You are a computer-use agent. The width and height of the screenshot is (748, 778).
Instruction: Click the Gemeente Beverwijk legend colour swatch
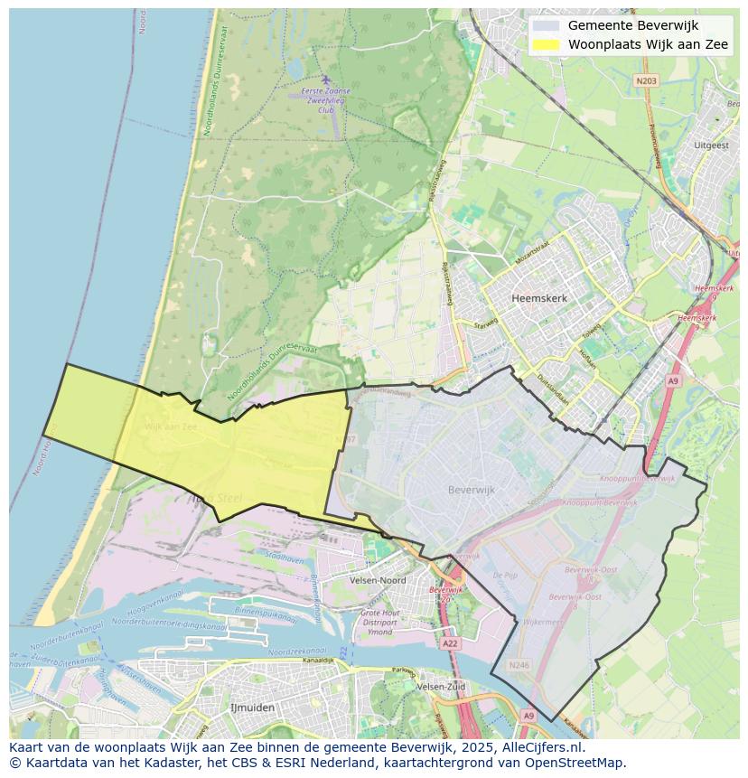(x=546, y=25)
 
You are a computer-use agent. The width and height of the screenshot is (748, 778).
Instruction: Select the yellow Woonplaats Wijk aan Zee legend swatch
(x=546, y=45)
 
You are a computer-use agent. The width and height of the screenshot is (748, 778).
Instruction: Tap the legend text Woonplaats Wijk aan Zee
(x=648, y=45)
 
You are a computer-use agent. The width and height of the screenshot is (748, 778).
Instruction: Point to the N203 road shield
(x=646, y=80)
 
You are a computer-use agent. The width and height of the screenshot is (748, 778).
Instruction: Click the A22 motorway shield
(x=450, y=643)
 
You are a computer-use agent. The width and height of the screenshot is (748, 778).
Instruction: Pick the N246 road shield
(x=518, y=665)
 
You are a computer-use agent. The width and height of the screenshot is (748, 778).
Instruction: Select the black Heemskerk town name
(x=538, y=297)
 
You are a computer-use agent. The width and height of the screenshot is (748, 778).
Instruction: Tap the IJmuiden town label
(x=252, y=708)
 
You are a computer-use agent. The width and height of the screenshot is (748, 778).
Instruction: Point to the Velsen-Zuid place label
(x=442, y=687)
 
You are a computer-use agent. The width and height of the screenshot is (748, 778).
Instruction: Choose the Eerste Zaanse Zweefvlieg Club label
(x=325, y=100)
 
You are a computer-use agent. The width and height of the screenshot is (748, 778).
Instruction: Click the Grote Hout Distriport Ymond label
(x=379, y=622)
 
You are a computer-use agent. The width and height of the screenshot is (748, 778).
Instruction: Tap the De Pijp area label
(x=504, y=575)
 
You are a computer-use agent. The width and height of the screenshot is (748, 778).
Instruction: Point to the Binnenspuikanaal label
(x=265, y=617)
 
